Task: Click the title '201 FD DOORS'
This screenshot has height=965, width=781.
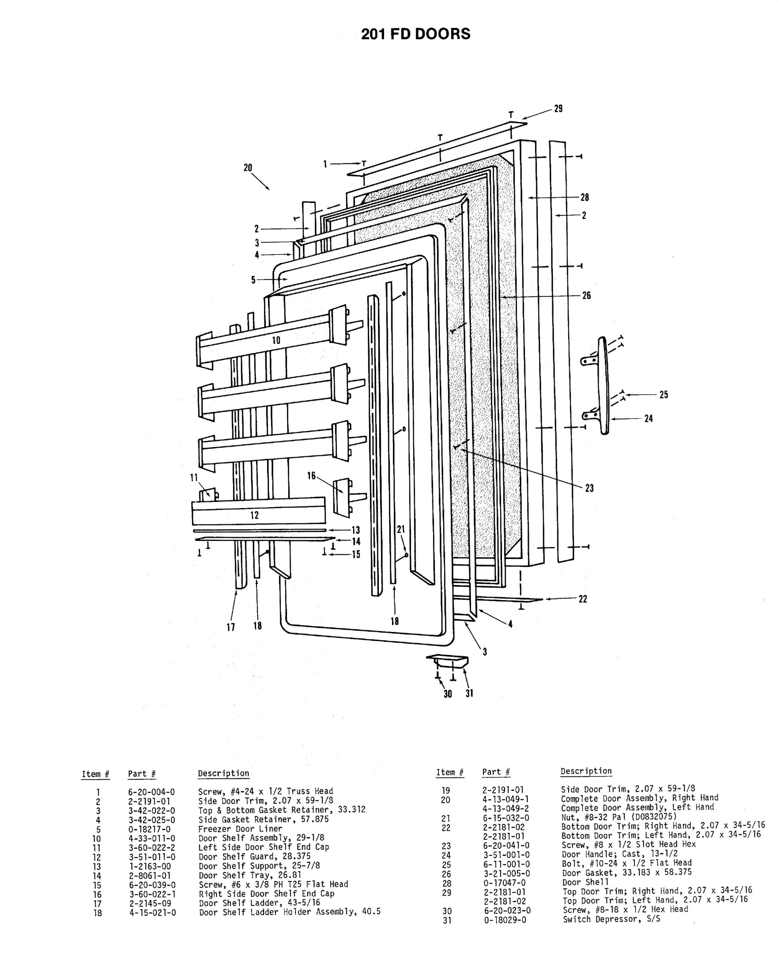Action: [x=416, y=34]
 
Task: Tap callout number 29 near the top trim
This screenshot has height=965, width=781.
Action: [x=558, y=109]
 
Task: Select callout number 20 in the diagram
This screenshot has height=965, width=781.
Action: [x=248, y=167]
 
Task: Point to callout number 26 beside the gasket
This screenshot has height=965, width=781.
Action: [x=587, y=296]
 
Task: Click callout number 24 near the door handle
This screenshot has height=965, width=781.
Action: [x=648, y=418]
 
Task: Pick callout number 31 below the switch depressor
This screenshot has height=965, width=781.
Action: [x=469, y=694]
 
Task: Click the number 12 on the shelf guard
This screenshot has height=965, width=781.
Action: [x=255, y=515]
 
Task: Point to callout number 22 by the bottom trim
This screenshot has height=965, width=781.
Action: [x=583, y=599]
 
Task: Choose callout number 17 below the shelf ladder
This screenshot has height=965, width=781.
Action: [x=231, y=627]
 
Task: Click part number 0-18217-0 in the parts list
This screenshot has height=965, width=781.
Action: [x=150, y=829]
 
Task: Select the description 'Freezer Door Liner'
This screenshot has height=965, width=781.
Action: [x=240, y=829]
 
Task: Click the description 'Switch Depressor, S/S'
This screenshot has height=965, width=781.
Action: [x=612, y=919]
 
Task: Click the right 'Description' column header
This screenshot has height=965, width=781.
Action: [x=586, y=771]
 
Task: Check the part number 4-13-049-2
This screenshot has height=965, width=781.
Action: [x=506, y=809]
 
